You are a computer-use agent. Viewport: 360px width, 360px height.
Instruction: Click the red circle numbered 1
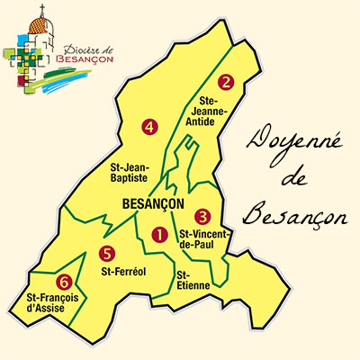point(159,235)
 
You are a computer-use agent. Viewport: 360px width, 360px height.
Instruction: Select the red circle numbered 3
point(202,216)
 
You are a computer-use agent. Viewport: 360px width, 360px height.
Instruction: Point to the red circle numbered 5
point(107,253)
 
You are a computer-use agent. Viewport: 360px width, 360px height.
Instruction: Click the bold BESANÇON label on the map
point(151,204)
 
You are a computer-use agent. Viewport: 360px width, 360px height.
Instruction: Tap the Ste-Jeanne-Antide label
point(228,112)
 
